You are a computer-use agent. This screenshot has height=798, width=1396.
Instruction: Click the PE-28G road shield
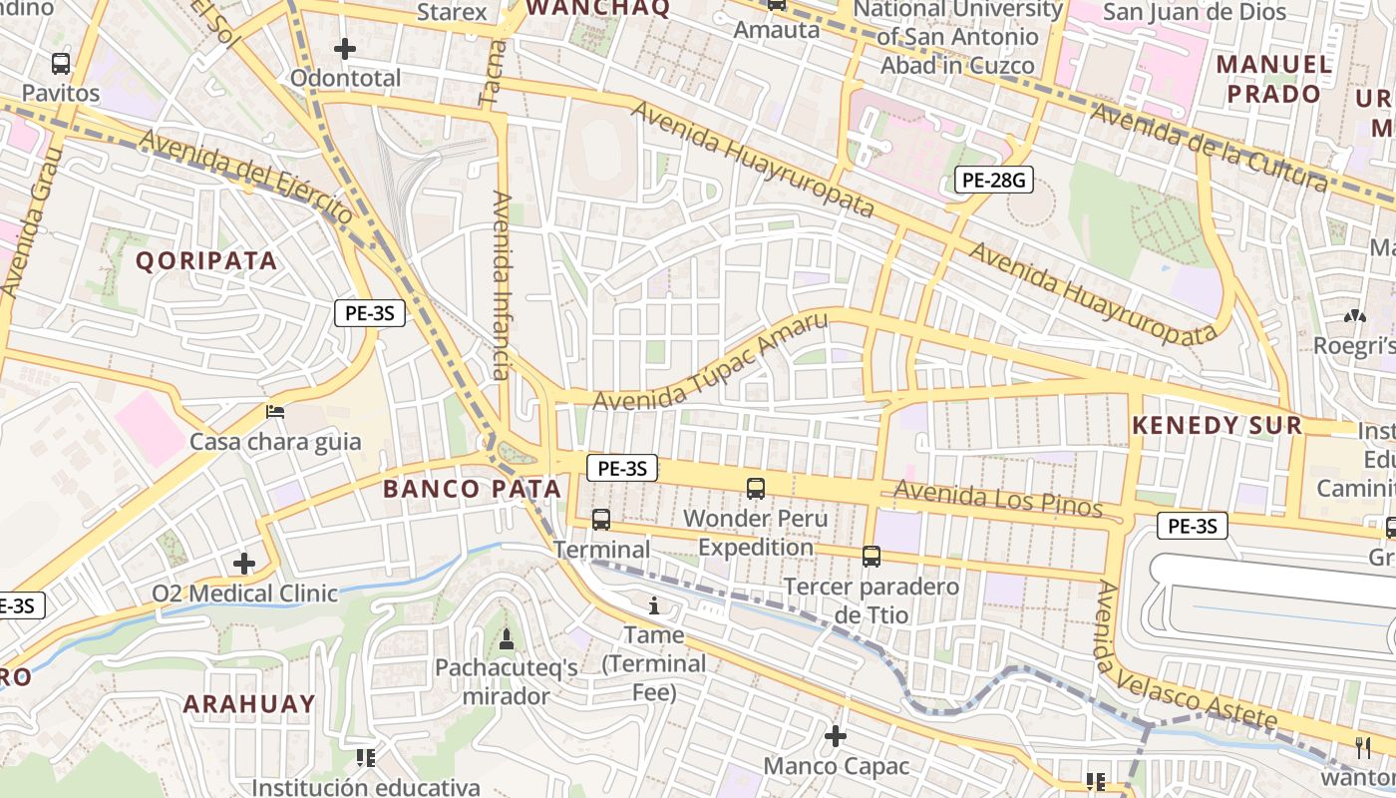click(x=993, y=180)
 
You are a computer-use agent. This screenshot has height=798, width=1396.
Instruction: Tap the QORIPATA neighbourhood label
click(x=206, y=261)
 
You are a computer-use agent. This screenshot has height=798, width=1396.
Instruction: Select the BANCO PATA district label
click(x=473, y=489)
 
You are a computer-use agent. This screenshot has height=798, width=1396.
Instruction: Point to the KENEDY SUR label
click(x=1217, y=426)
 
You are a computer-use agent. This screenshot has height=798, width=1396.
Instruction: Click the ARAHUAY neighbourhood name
click(x=249, y=703)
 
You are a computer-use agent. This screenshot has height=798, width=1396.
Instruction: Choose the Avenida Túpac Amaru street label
click(x=711, y=361)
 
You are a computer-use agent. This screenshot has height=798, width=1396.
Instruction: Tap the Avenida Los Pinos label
click(x=998, y=499)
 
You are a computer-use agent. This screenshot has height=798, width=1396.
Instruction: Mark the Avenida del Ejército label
click(x=247, y=178)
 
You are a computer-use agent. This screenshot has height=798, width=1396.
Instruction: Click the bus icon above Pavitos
click(x=61, y=64)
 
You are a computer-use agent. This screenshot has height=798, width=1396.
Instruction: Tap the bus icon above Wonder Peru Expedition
click(x=756, y=488)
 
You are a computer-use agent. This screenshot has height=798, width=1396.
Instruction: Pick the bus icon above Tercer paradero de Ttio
click(x=872, y=556)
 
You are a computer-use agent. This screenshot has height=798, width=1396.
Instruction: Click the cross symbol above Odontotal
click(x=345, y=48)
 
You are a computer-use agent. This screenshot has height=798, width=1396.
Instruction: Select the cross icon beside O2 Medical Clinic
click(x=244, y=564)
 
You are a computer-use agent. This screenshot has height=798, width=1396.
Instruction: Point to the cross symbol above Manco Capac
click(x=836, y=736)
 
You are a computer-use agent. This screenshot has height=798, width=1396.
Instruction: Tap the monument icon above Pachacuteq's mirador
click(x=506, y=638)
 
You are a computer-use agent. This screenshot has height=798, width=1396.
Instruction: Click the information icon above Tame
click(x=654, y=604)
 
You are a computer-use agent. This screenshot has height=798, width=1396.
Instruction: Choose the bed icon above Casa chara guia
click(x=275, y=411)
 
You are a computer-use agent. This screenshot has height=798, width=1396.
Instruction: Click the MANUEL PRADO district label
click(x=1274, y=80)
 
